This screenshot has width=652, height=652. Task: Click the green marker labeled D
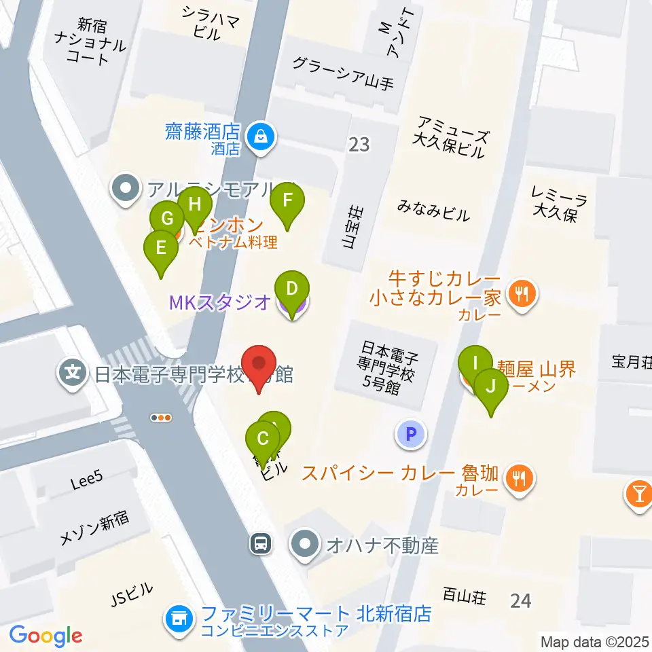coord(291,290)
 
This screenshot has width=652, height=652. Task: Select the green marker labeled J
coord(490,388)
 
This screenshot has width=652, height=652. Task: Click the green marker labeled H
coord(195,206)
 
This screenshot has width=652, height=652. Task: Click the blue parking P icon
coord(410,433)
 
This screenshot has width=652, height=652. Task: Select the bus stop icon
coord(261,543)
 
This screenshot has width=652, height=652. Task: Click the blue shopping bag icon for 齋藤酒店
coord(260,135)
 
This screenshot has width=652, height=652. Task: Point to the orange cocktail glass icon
coord(639,492)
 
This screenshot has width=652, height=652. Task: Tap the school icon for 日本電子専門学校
coord(72,373)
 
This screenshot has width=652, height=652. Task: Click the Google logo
coord(46,636)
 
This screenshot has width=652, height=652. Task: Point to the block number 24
coord(521,600)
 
